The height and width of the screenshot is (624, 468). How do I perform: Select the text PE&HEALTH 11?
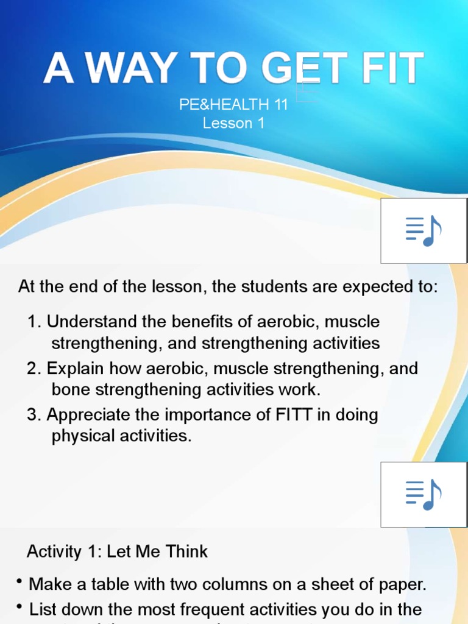tap(233, 105)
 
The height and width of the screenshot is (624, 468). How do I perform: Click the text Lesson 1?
tap(233, 123)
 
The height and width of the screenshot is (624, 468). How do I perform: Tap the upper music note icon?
tap(424, 231)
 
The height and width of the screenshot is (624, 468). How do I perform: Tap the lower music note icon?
tap(424, 494)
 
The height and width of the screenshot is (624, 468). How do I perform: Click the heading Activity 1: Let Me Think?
tap(117, 552)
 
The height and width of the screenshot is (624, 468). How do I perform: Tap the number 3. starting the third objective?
tap(34, 416)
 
